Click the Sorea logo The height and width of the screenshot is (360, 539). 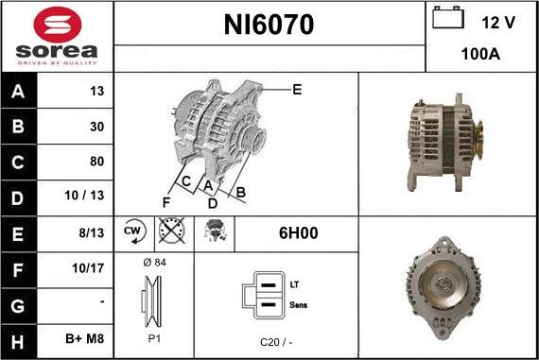coord(57,36)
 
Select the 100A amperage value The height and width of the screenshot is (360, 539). coord(481,55)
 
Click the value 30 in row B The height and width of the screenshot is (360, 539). coord(96,126)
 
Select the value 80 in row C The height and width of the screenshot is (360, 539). coord(96,161)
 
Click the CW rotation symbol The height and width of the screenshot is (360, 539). coord(133,231)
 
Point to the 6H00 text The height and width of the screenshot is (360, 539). coord(296,231)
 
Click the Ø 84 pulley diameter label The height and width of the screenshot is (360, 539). coord(153,263)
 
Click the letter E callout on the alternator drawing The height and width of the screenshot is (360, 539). coord(297,90)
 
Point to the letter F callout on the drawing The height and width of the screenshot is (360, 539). coord(165,201)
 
